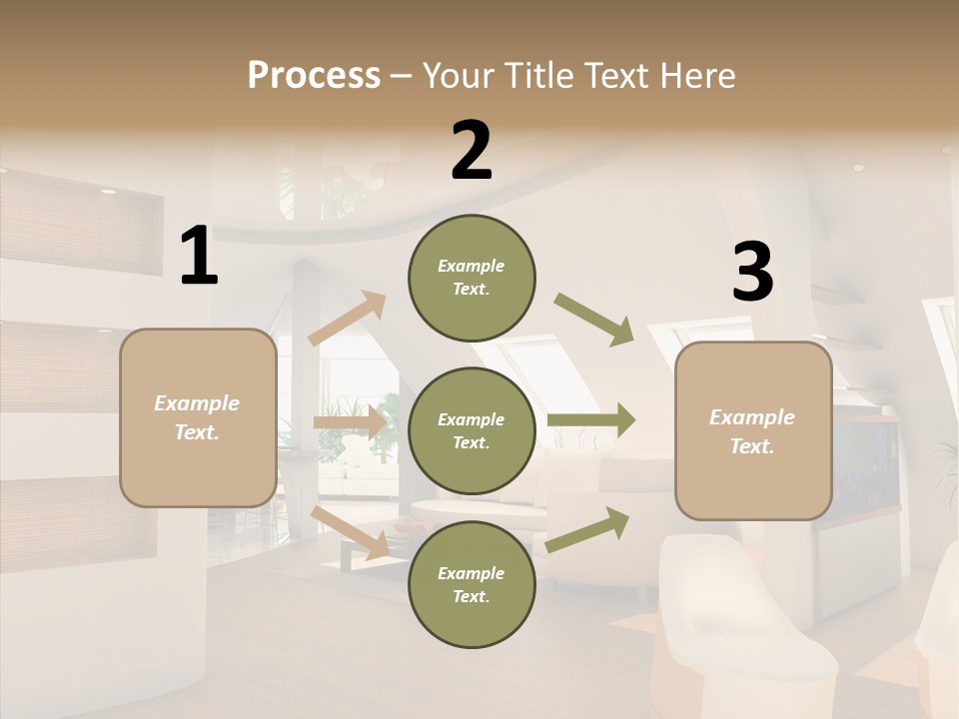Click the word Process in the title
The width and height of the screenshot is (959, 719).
pyautogui.click(x=314, y=75)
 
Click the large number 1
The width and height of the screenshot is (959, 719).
pyautogui.click(x=199, y=257)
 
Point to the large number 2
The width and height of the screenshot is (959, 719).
pyautogui.click(x=472, y=151)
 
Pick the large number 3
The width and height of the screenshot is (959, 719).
pyautogui.click(x=752, y=273)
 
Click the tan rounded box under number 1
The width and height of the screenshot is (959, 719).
pyautogui.click(x=198, y=417)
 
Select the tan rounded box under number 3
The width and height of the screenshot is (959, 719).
pyautogui.click(x=753, y=430)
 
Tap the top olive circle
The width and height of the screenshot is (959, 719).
pyautogui.click(x=472, y=278)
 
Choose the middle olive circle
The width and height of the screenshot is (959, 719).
pyautogui.click(x=472, y=430)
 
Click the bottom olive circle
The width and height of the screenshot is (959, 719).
pyautogui.click(x=472, y=584)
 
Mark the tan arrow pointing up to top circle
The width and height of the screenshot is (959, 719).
pyautogui.click(x=348, y=319)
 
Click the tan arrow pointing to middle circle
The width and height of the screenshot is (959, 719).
pyautogui.click(x=350, y=422)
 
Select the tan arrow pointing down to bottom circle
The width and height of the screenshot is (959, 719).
pyautogui.click(x=351, y=532)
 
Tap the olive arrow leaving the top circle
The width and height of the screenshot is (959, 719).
pyautogui.click(x=594, y=319)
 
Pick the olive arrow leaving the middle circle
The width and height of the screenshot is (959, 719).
pyautogui.click(x=591, y=420)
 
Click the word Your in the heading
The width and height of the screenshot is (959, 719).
pyautogui.click(x=458, y=75)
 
